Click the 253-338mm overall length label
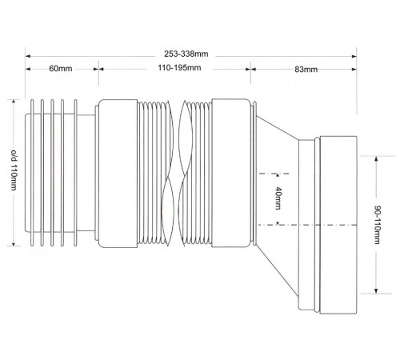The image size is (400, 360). (x=186, y=54)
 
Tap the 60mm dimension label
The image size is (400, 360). (x=61, y=69)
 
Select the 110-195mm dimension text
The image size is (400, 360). (x=179, y=68)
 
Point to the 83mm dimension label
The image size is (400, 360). (x=306, y=70)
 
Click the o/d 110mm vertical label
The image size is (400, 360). (x=14, y=170)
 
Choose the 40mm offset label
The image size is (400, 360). (x=278, y=198)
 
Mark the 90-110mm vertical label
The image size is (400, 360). (x=377, y=225)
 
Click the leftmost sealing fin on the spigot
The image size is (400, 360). (x=32, y=173)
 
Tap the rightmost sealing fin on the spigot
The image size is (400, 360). (x=75, y=173)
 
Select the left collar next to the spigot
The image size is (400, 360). (x=118, y=174)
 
